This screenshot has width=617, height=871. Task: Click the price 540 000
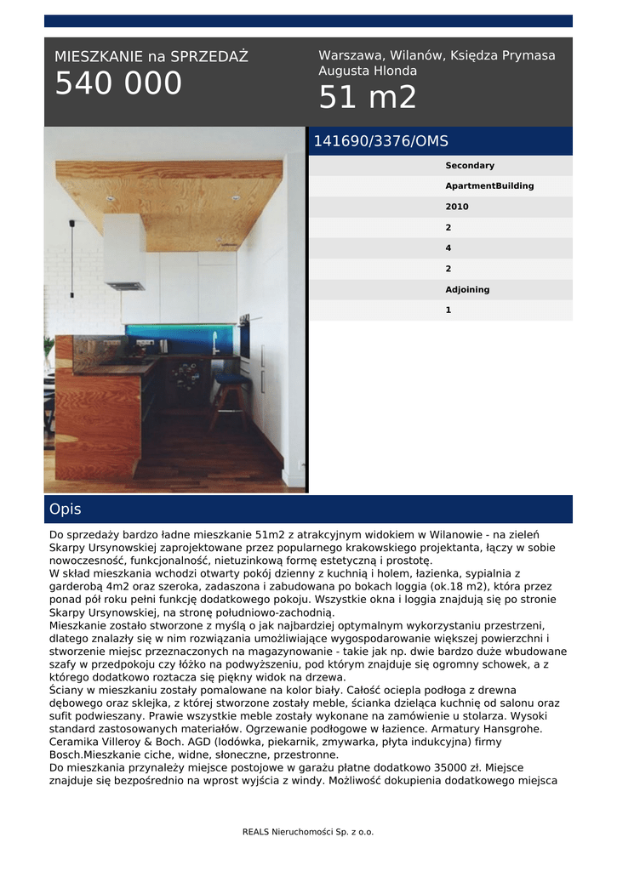tap(118, 83)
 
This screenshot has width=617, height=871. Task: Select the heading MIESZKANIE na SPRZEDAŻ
tap(151, 57)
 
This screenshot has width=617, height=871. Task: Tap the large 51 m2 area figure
tap(368, 99)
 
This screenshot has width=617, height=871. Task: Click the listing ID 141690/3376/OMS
tap(380, 141)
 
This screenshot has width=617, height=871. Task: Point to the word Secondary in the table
tap(469, 166)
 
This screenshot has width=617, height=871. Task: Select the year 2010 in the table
tap(457, 207)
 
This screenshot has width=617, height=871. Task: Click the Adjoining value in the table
tap(467, 290)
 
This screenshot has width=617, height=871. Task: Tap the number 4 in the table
tap(448, 248)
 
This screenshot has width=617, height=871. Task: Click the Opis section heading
tap(66, 510)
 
